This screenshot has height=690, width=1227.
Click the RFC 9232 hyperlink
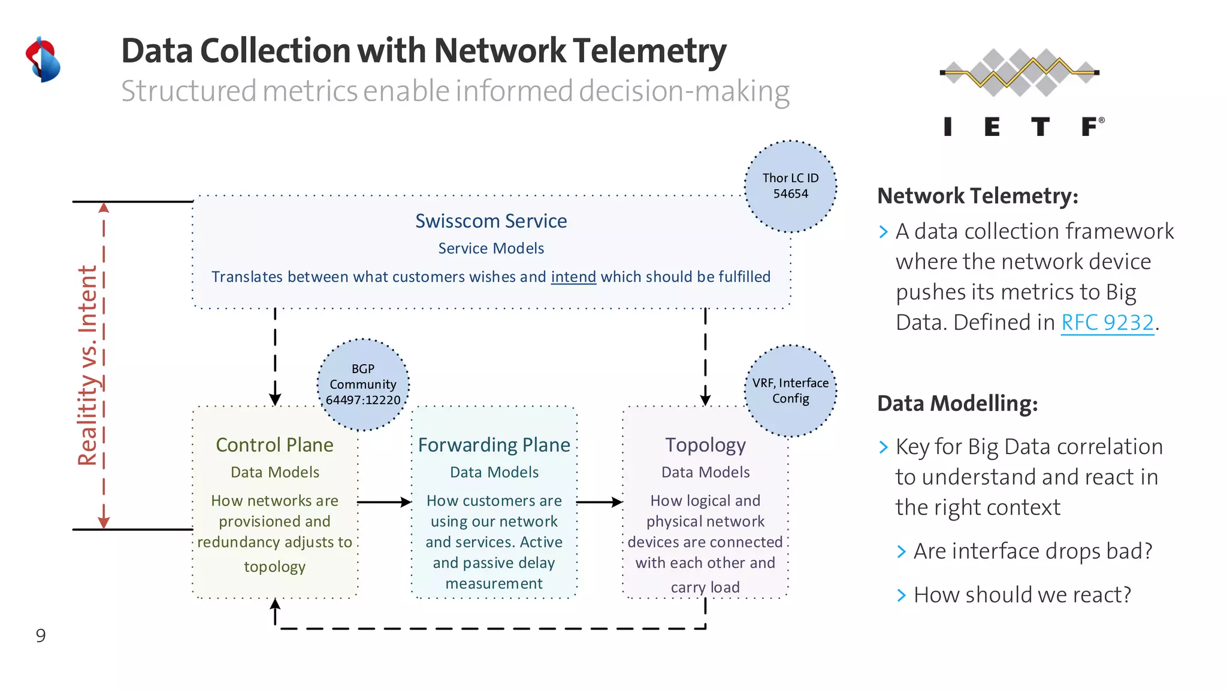[1107, 323]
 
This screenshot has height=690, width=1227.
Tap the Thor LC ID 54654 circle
[790, 186]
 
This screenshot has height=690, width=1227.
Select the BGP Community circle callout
[363, 385]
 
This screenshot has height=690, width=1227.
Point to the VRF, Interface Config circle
[790, 391]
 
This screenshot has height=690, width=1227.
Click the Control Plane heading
[274, 445]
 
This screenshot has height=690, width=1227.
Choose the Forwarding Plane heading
[494, 445]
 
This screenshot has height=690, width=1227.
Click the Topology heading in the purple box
[705, 445]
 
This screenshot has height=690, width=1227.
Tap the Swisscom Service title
[491, 221]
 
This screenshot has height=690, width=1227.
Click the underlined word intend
[573, 277]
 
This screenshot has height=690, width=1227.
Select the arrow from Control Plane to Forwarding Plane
[384, 502]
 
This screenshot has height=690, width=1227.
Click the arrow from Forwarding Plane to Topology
[600, 502]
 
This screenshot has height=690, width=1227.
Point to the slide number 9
[41, 635]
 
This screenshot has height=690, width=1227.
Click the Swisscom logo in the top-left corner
[43, 60]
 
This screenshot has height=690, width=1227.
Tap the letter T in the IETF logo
[1040, 127]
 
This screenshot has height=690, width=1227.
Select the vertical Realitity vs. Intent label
[88, 365]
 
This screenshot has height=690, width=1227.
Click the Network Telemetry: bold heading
[977, 196]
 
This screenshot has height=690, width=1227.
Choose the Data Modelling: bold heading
[957, 404]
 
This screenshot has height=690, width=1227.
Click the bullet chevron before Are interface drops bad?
[902, 552]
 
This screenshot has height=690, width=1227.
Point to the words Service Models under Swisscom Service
[491, 249]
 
